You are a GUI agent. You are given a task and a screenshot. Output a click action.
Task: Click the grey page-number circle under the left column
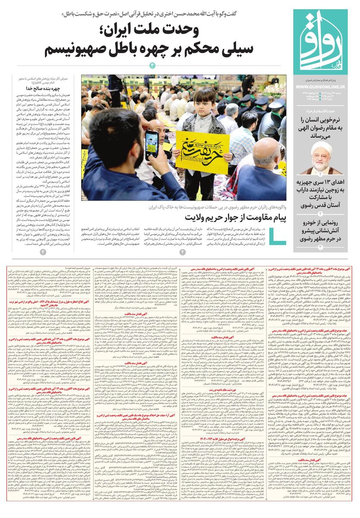[x=43, y=251]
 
